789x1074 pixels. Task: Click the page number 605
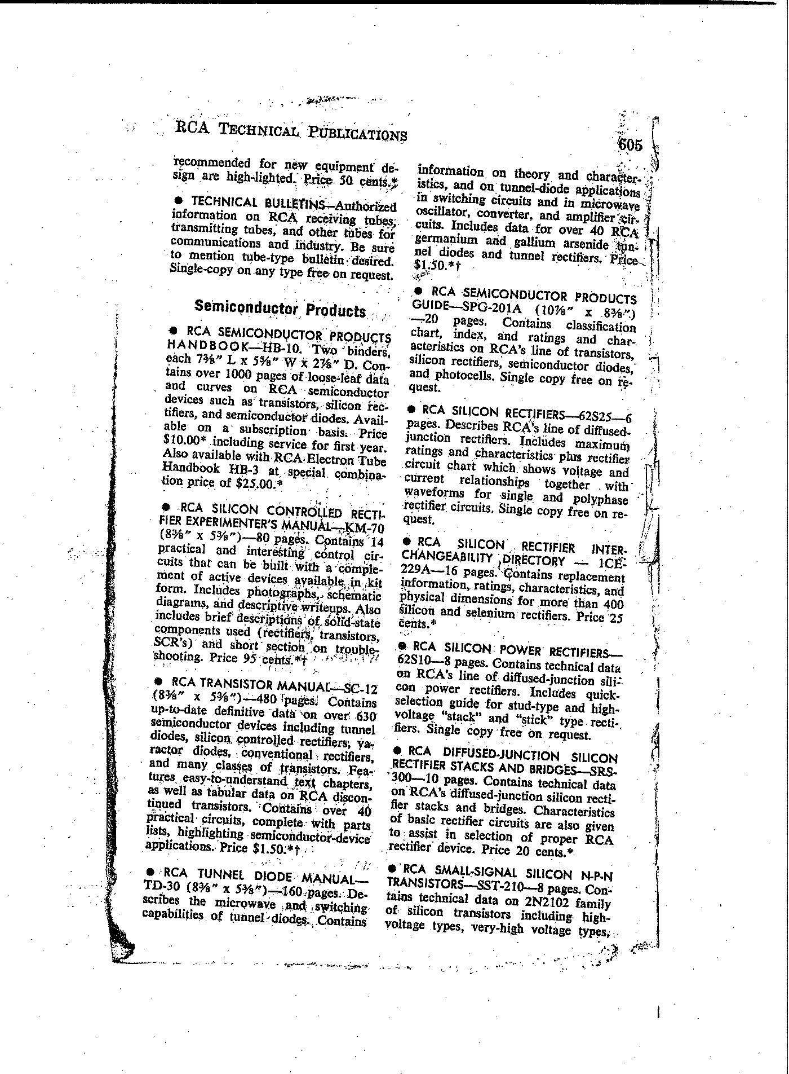(630, 145)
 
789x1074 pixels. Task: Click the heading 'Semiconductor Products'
(280, 309)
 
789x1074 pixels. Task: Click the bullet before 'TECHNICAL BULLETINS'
(179, 201)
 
